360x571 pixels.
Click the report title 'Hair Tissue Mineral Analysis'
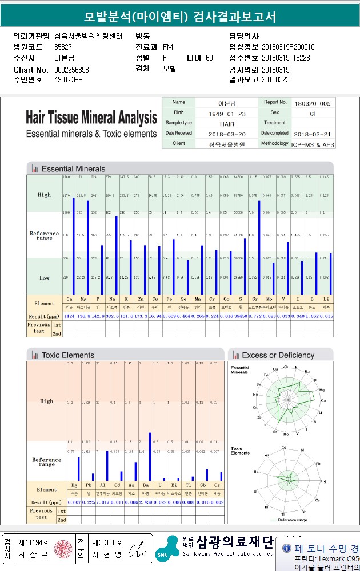tap(91, 118)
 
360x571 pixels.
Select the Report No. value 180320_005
tap(312, 103)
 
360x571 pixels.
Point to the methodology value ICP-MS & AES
tap(312, 144)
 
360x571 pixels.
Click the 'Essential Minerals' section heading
tap(73, 169)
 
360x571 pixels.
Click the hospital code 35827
tap(63, 47)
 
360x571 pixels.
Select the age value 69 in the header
tap(209, 58)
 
